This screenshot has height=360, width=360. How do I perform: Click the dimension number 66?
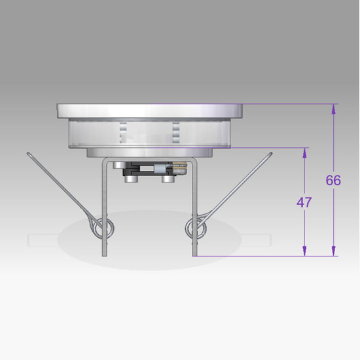(x=333, y=181)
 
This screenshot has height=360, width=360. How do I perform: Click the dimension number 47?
(x=304, y=202)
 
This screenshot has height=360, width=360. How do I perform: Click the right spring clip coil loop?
(x=194, y=228)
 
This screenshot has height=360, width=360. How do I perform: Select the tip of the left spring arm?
(x=29, y=154)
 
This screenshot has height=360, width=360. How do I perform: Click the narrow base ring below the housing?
(x=150, y=153)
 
